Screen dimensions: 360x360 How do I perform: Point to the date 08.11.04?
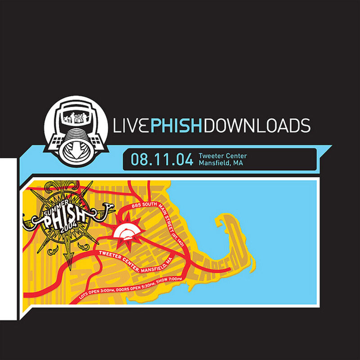[x=162, y=159]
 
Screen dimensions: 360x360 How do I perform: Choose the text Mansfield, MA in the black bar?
[x=220, y=163]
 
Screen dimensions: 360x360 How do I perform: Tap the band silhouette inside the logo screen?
[x=75, y=118]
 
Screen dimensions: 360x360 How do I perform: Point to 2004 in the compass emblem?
[x=71, y=225]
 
